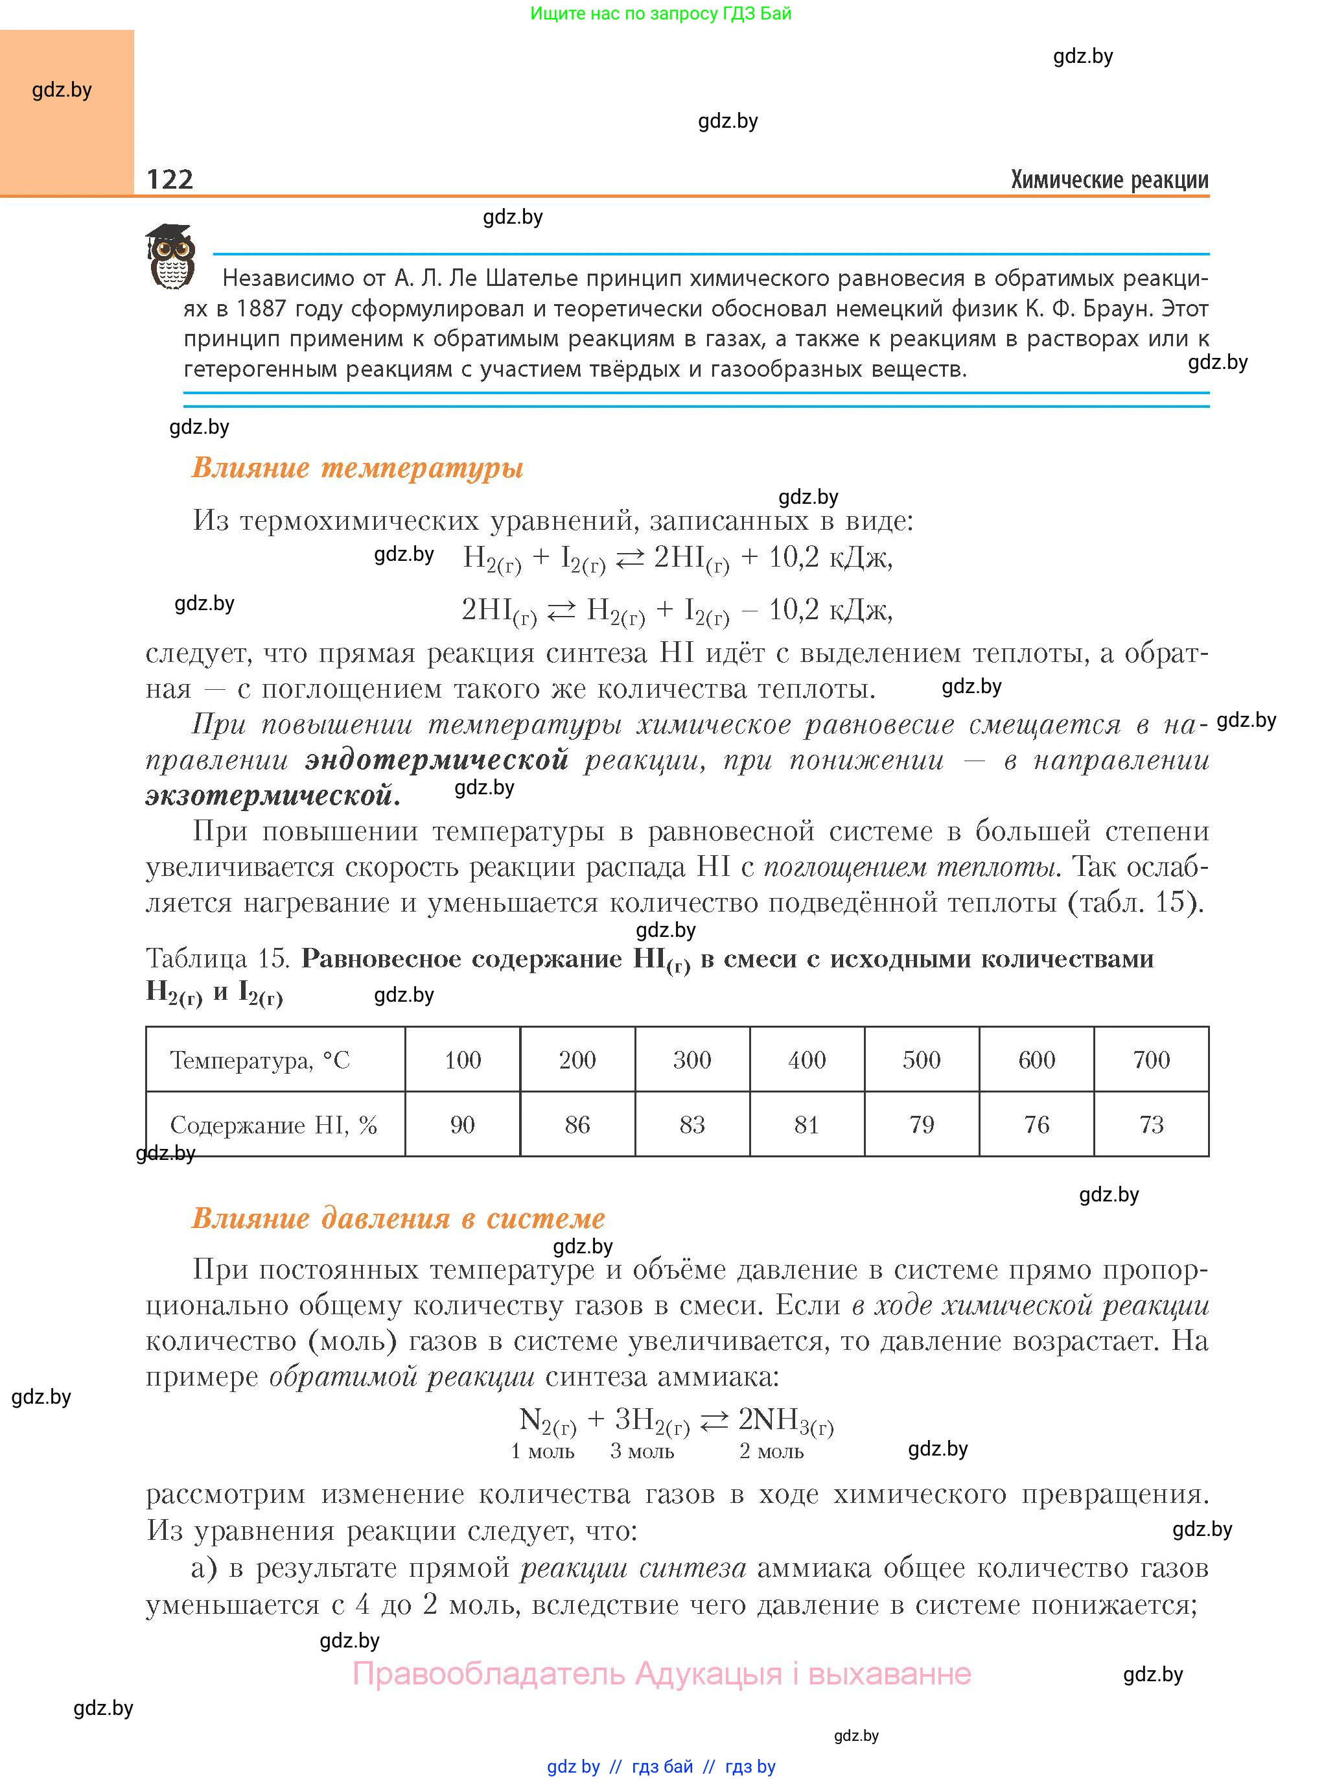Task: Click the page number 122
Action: pos(170,179)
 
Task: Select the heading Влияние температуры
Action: pos(358,467)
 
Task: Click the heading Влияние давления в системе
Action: pos(399,1218)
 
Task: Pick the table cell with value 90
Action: pos(463,1124)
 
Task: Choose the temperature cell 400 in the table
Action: pos(806,1060)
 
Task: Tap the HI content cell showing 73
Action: pos(1151,1124)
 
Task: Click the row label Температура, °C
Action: pos(260,1061)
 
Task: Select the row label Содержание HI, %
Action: pos(273,1125)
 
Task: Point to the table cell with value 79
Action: pos(922,1124)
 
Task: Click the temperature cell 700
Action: pos(1151,1060)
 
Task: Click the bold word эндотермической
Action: pos(437,759)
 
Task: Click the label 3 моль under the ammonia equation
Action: pos(642,1451)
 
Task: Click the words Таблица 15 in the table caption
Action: pos(217,958)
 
